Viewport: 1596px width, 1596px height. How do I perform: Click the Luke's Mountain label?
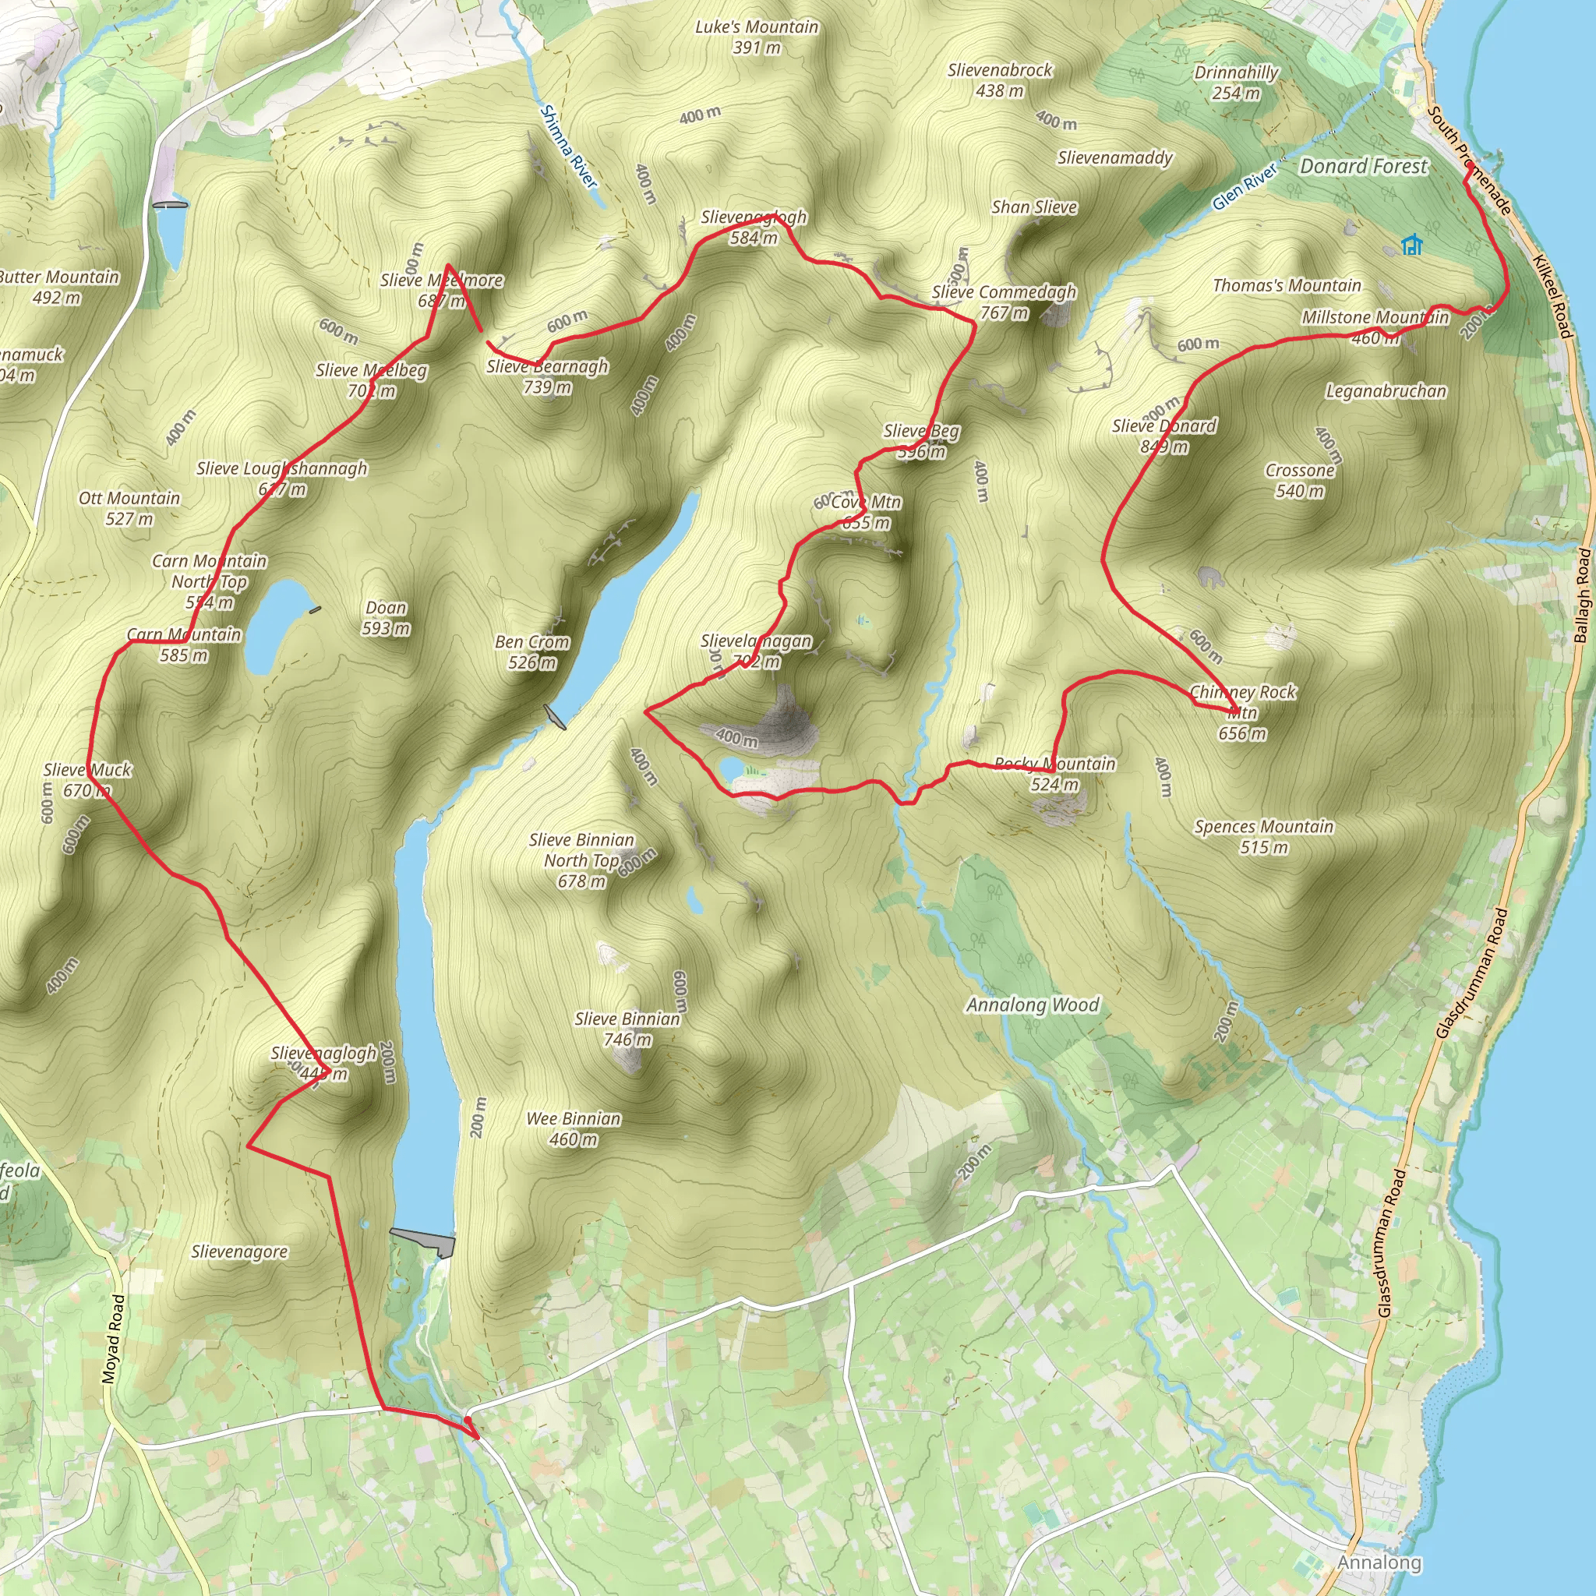[x=757, y=37]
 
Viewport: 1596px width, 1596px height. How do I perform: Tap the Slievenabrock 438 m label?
[x=1000, y=80]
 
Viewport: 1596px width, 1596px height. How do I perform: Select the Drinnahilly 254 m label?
[x=1236, y=83]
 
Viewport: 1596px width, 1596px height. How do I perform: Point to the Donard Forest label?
[x=1363, y=166]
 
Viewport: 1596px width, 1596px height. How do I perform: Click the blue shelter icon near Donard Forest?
[x=1412, y=245]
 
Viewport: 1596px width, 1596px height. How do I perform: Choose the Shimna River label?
[x=568, y=147]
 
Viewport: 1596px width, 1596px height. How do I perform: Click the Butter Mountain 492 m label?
[x=58, y=287]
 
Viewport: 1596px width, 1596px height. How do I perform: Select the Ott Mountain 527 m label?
[x=129, y=508]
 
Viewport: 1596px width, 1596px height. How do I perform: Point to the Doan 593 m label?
[x=386, y=618]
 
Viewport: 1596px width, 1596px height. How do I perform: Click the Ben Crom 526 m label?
[x=532, y=651]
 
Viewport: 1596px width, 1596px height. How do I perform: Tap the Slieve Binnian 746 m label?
[x=627, y=1029]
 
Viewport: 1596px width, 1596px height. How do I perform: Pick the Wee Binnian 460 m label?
[x=574, y=1128]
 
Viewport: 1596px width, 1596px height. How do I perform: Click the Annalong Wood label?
[x=1033, y=1005]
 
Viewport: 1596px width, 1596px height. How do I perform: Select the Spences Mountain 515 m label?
[x=1264, y=837]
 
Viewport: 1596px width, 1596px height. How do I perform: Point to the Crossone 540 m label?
[x=1299, y=480]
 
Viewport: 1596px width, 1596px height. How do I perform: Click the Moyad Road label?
[x=113, y=1339]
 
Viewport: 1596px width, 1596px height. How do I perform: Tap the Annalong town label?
[x=1379, y=1563]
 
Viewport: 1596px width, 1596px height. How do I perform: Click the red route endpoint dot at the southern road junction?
[x=468, y=1420]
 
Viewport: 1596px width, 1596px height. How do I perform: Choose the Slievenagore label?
[x=239, y=1252]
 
